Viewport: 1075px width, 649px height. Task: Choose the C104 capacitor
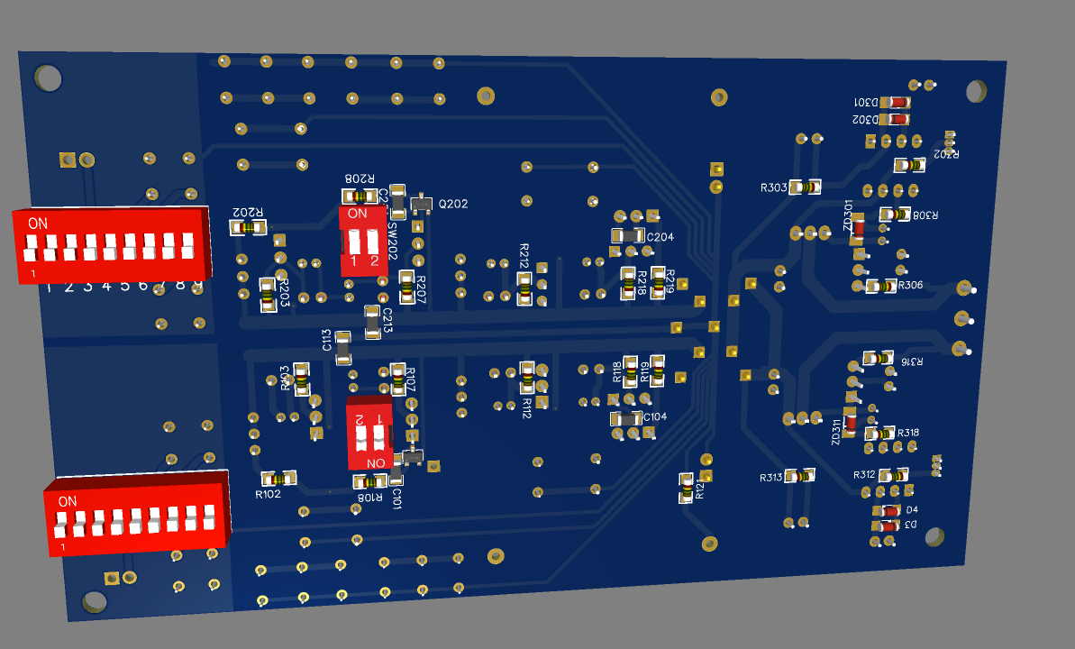click(x=625, y=418)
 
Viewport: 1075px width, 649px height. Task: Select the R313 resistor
click(x=799, y=475)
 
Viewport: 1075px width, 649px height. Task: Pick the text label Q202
click(x=453, y=205)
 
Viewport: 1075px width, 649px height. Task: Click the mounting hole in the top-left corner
click(x=49, y=78)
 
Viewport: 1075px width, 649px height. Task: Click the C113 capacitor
click(x=342, y=347)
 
